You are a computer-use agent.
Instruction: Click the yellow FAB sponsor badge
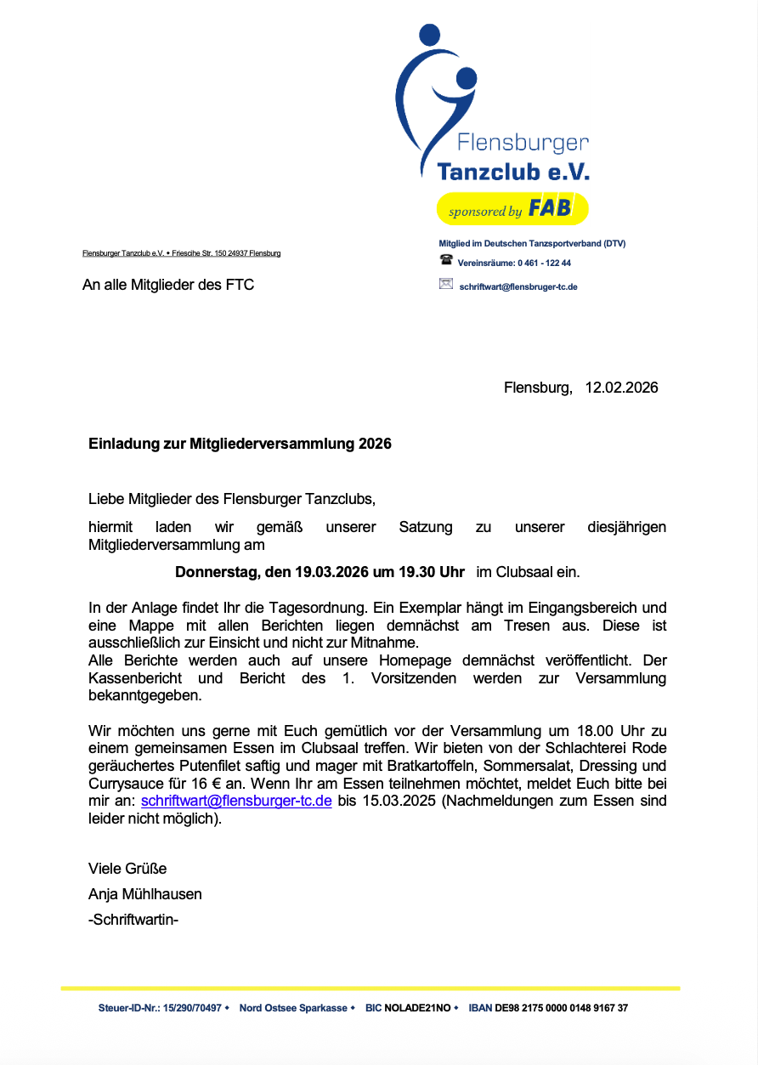pyautogui.click(x=512, y=209)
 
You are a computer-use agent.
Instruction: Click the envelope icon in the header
pyautogui.click(x=445, y=285)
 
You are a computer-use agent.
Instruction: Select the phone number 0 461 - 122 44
pyautogui.click(x=544, y=263)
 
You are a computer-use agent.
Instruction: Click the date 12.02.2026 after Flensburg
pyautogui.click(x=621, y=388)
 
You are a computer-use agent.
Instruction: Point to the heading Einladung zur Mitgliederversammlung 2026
pyautogui.click(x=240, y=444)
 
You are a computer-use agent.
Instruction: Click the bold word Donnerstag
pyautogui.click(x=216, y=572)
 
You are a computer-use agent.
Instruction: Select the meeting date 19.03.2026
pyautogui.click(x=331, y=572)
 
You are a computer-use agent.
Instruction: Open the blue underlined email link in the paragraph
pyautogui.click(x=235, y=802)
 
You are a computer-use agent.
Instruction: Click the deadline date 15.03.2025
pyautogui.click(x=391, y=802)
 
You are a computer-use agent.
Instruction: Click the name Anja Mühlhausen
pyautogui.click(x=145, y=894)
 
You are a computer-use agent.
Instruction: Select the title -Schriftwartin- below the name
pyautogui.click(x=133, y=920)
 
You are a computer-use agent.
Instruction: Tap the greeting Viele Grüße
pyautogui.click(x=127, y=869)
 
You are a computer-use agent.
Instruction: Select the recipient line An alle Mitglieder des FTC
pyautogui.click(x=168, y=285)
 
